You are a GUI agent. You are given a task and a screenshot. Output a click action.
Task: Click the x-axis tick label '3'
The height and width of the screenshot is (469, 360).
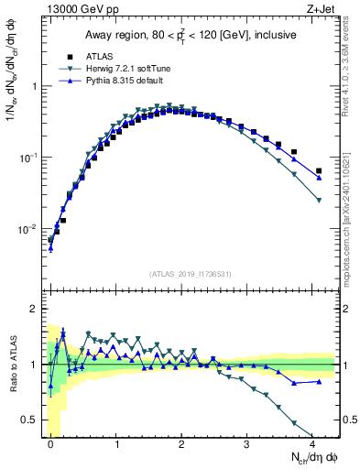click(x=247, y=442)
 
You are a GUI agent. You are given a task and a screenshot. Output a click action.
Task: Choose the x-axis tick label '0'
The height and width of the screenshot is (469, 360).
click(x=50, y=442)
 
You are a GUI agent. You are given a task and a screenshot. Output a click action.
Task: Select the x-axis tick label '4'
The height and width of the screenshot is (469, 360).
click(x=312, y=442)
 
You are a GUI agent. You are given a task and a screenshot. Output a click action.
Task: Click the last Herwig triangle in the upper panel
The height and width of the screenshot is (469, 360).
click(x=319, y=200)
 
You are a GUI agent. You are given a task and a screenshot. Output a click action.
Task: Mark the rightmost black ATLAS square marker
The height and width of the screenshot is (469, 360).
click(x=319, y=170)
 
